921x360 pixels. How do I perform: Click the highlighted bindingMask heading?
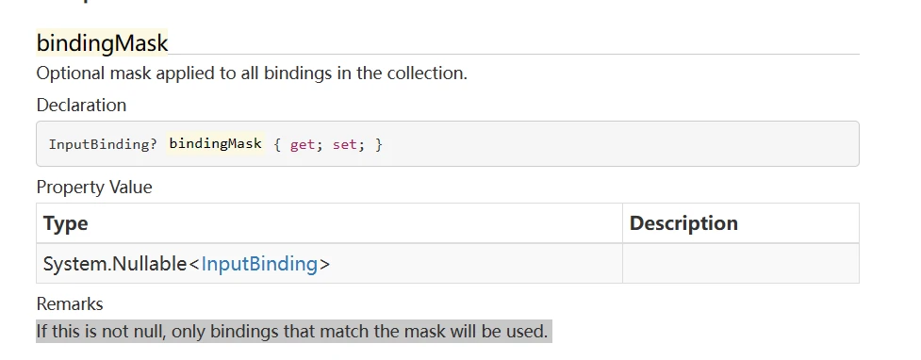(x=102, y=42)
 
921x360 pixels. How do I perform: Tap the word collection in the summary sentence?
(x=424, y=74)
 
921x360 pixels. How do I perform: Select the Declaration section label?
(x=81, y=105)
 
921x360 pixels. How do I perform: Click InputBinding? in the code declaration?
(x=103, y=145)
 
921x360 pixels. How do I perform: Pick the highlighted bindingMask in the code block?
(x=215, y=144)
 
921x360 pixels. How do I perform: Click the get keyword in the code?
(x=302, y=145)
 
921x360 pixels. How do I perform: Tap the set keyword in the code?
(x=344, y=145)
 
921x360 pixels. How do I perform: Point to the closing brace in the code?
(x=378, y=145)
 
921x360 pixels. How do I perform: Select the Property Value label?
(x=94, y=187)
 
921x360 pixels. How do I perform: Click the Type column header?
(x=66, y=223)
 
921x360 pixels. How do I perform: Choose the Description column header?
(x=683, y=223)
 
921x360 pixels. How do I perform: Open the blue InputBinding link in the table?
(x=259, y=264)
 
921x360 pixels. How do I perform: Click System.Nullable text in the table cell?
(x=115, y=264)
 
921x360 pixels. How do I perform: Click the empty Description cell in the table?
(x=740, y=264)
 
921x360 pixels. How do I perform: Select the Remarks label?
(x=70, y=303)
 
